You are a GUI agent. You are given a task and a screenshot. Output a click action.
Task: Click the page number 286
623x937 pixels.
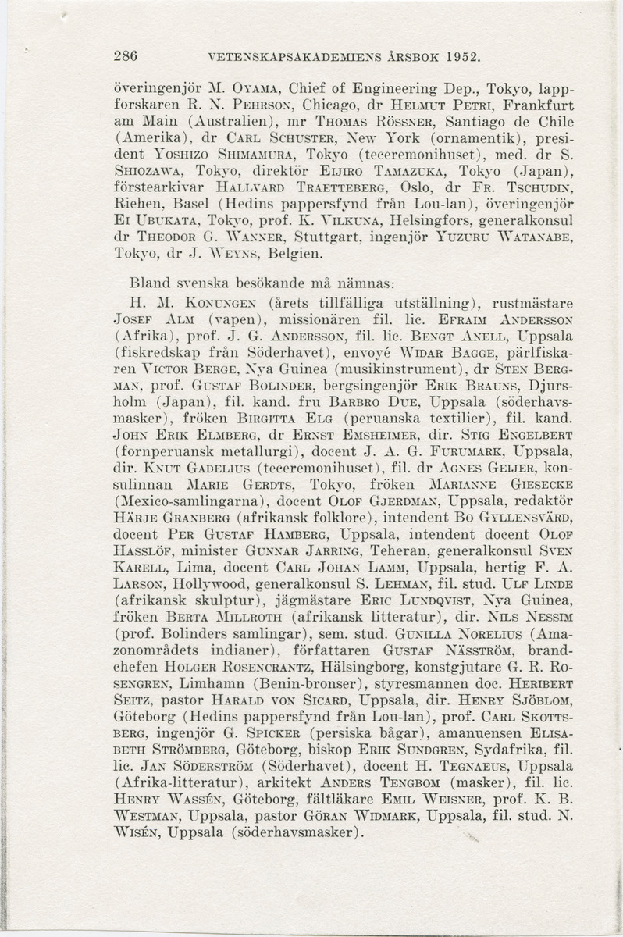(125, 57)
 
